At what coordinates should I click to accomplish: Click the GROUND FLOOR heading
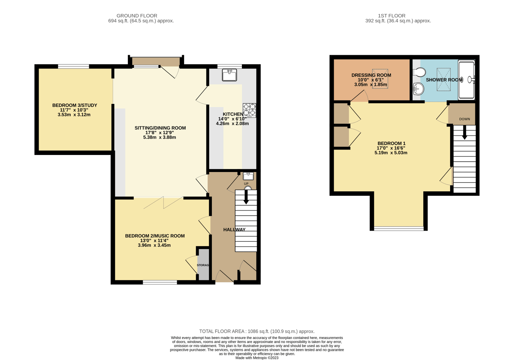[x=137, y=16]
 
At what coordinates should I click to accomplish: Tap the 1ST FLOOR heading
[x=391, y=16]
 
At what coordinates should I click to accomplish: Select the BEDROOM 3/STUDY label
[x=75, y=105]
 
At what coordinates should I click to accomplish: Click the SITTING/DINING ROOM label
[x=160, y=128]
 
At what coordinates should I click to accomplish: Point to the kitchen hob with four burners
[x=249, y=110]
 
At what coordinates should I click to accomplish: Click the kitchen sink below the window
[x=229, y=75]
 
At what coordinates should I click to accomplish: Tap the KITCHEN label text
[x=233, y=114]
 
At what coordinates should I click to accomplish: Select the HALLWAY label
[x=234, y=230]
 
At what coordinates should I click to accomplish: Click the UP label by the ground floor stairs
[x=246, y=184]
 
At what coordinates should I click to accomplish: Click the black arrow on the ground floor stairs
[x=246, y=197]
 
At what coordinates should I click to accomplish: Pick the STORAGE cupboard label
[x=203, y=265]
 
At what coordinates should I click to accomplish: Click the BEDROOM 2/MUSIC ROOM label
[x=155, y=236]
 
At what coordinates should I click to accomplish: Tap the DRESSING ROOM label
[x=371, y=75]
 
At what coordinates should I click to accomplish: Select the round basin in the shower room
[x=418, y=89]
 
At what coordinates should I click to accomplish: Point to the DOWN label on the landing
[x=465, y=119]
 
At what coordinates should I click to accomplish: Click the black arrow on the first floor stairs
[x=465, y=132]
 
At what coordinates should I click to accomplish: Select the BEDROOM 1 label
[x=391, y=143]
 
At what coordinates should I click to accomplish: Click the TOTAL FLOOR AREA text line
[x=257, y=331]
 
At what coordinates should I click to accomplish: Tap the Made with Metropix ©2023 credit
[x=257, y=358]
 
